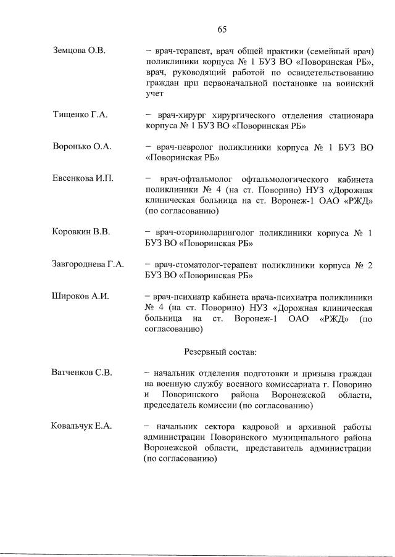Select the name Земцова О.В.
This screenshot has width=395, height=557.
coord(80,51)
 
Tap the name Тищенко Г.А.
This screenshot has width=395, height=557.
coord(80,114)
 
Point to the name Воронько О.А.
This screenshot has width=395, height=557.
coord(81,147)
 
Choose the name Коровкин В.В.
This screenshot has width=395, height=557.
coord(81,233)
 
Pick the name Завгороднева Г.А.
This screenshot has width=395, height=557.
coord(88,265)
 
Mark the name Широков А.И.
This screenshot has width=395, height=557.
coord(80,297)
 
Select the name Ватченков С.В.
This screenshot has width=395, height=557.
coord(81,373)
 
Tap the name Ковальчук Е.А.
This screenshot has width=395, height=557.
coord(80,427)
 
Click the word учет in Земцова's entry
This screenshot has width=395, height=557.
coord(154,94)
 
